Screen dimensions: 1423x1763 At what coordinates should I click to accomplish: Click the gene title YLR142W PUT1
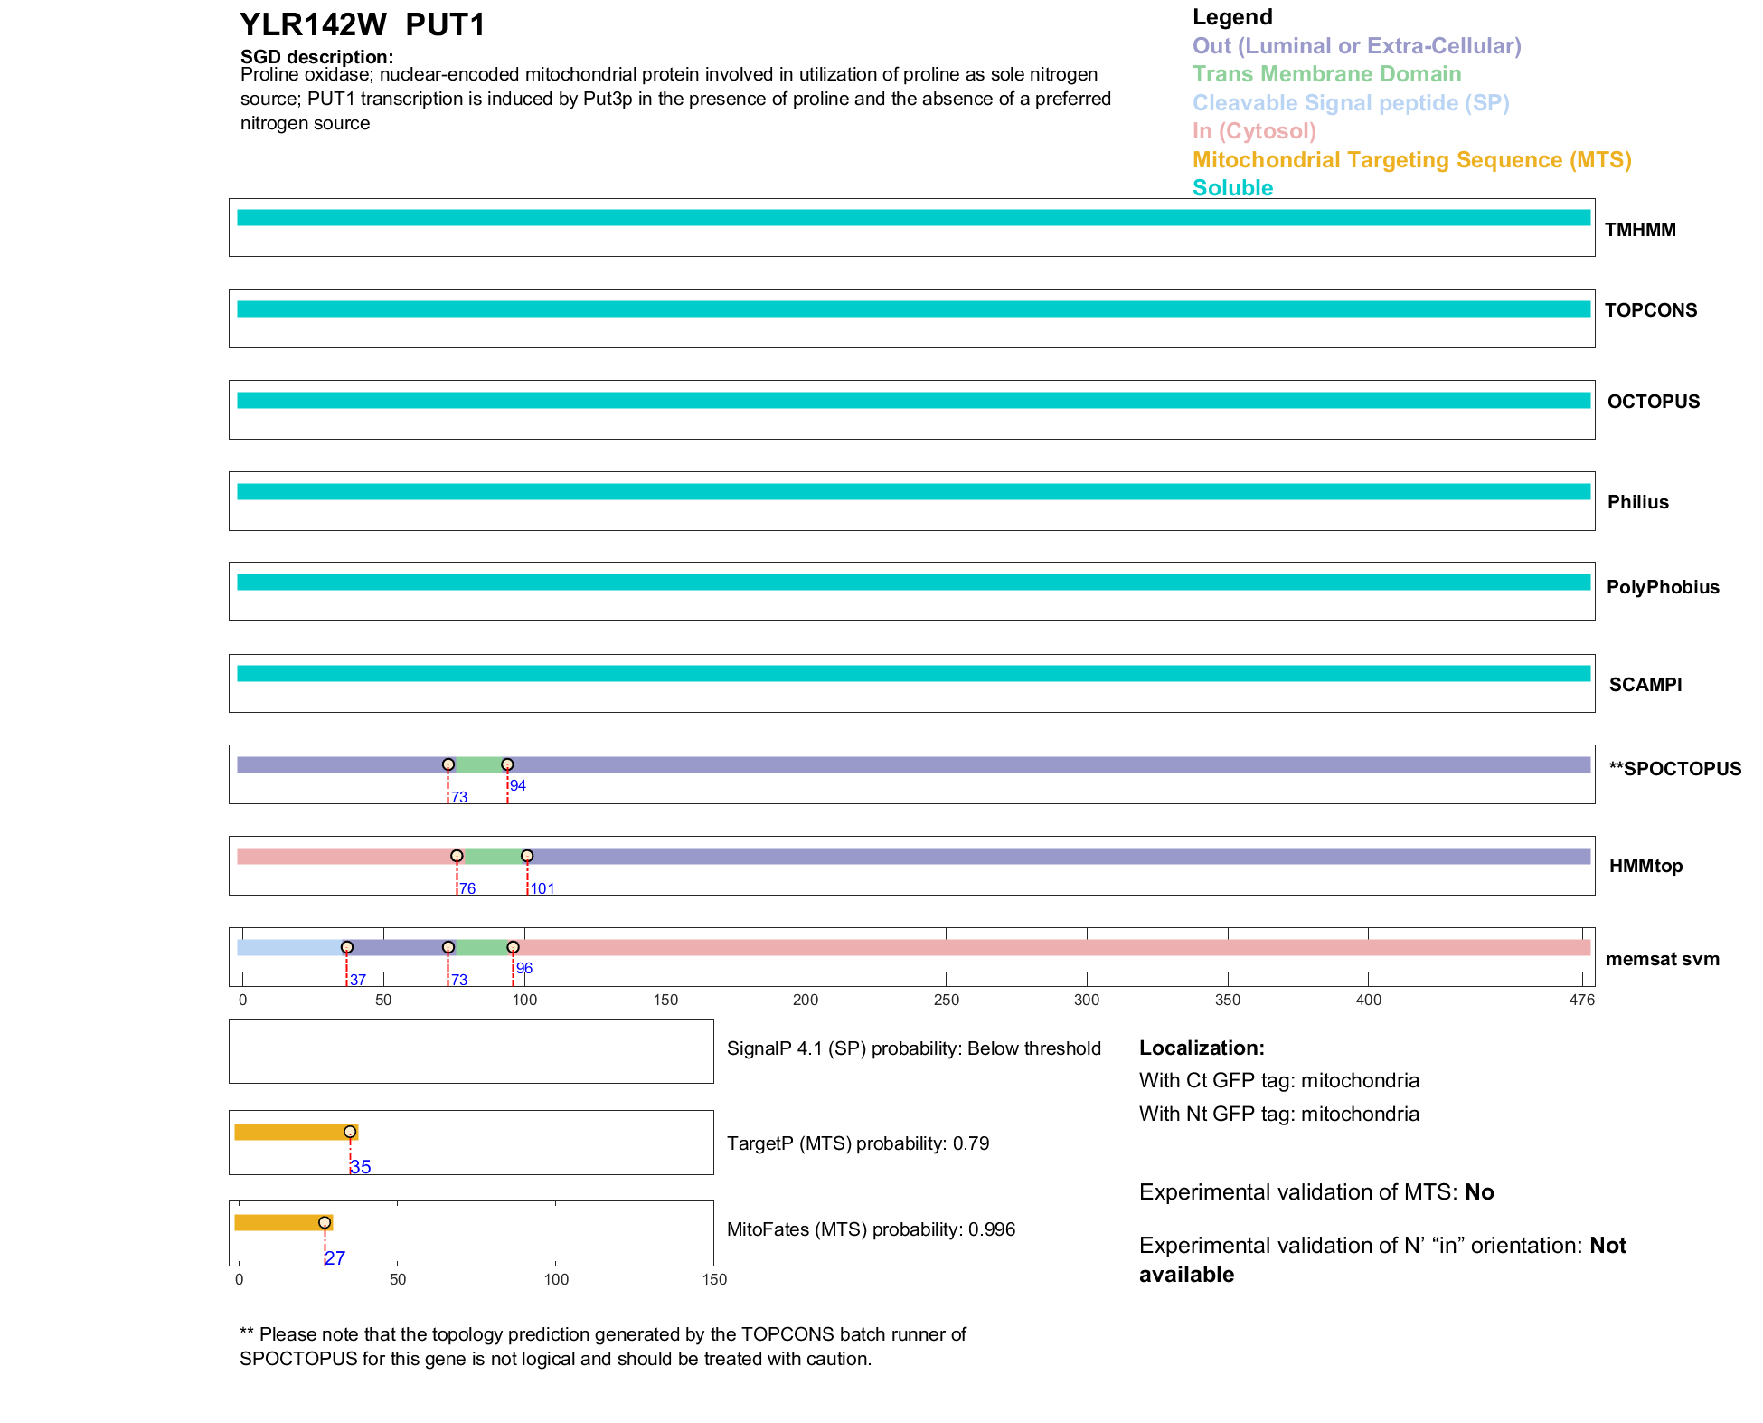coord(362,25)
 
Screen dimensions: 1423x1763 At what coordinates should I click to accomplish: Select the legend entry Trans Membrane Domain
coord(1326,74)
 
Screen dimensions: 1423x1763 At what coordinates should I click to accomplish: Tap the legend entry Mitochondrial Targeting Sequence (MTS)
coord(1411,160)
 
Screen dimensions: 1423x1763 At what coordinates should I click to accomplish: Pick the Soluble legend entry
coord(1232,188)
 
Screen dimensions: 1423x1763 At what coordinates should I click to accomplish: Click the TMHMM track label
coord(1639,230)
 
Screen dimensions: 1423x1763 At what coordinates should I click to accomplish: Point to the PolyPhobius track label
coord(1662,587)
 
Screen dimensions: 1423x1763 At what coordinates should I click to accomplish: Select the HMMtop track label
coord(1645,866)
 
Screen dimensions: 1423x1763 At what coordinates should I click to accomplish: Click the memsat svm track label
coord(1662,959)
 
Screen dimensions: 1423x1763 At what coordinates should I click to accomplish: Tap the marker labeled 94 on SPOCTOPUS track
coord(507,765)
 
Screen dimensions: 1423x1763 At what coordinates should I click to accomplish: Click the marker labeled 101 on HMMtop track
coord(527,856)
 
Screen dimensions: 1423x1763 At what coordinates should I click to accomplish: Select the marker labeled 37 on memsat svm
coord(347,947)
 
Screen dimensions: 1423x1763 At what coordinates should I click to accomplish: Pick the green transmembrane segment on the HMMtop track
coord(492,856)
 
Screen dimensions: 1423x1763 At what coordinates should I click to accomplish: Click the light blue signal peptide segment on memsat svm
coord(289,947)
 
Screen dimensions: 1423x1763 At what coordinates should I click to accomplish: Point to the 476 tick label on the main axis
coord(1581,1000)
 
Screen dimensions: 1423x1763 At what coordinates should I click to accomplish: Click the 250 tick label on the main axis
coord(946,1000)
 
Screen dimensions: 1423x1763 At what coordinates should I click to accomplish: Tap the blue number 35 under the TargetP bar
coord(360,1167)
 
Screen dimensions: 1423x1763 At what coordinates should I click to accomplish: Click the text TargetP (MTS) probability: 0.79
coord(857,1143)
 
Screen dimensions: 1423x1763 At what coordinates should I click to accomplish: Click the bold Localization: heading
coord(1201,1048)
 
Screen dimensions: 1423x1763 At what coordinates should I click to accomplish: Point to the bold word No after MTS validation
coord(1479,1192)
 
